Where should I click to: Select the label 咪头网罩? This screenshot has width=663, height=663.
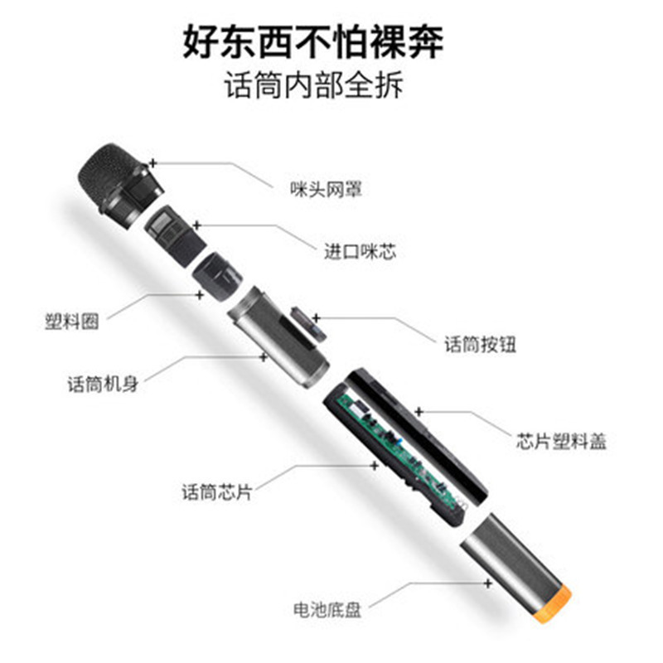click(326, 189)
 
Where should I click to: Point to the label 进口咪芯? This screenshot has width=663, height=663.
click(361, 252)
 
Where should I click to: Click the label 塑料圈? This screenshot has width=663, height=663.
click(72, 322)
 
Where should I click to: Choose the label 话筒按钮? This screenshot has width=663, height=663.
click(480, 344)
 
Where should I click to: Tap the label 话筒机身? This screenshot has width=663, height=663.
click(103, 385)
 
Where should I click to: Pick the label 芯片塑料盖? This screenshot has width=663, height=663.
click(561, 441)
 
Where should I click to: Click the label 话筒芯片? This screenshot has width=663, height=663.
click(217, 492)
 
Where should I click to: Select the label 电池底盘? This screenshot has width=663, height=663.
click(327, 610)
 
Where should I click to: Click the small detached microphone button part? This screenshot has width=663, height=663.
click(307, 323)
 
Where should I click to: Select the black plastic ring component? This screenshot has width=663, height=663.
click(217, 277)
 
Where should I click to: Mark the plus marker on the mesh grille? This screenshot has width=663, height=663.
click(153, 163)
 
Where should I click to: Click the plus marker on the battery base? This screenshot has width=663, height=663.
click(488, 583)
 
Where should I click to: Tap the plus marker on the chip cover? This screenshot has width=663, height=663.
click(419, 411)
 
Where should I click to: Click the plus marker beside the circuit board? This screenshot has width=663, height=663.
click(375, 466)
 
